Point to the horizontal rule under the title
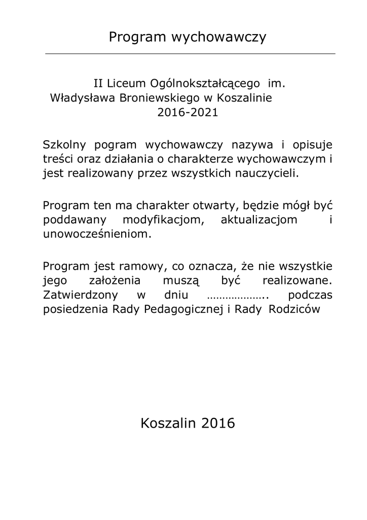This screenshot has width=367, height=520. point(190,53)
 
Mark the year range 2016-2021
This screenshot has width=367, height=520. point(188,113)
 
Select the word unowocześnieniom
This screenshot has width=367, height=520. point(97,236)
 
